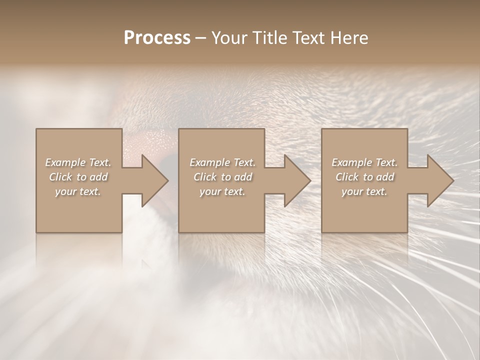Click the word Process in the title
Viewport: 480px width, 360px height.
point(157,38)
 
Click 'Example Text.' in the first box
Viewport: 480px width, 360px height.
point(78,162)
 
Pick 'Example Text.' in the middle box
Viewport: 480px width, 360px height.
point(222,162)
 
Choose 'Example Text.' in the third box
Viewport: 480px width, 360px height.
point(364,162)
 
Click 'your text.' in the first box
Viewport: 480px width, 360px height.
point(78,191)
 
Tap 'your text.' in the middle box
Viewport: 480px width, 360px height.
point(222,191)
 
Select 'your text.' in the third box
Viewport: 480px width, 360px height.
point(364,191)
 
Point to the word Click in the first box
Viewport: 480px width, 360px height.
point(60,177)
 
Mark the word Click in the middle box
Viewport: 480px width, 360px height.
point(205,177)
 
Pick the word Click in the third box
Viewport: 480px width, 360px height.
point(347,177)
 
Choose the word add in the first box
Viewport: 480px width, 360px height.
point(98,177)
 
